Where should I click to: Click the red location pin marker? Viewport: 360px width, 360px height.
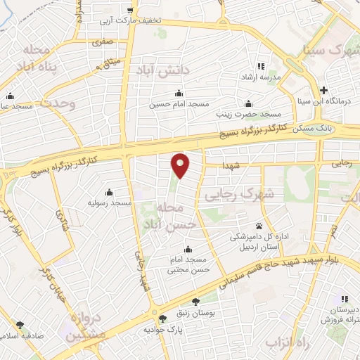(181, 165)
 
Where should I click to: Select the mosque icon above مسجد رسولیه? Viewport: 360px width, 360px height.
(109, 193)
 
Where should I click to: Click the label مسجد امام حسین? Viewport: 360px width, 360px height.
(179, 104)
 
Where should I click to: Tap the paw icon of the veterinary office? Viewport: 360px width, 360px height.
(259, 226)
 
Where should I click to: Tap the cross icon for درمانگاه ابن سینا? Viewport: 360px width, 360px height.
(323, 90)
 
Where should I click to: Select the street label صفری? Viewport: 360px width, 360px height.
(101, 42)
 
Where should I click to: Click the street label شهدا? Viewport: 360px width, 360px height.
(231, 165)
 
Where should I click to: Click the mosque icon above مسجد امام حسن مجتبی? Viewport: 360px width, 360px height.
(187, 249)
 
